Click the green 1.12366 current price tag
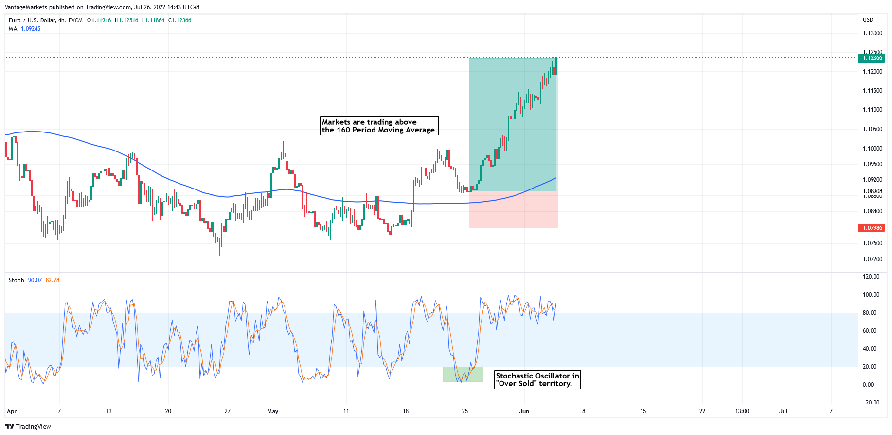(x=872, y=58)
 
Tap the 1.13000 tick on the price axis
(x=872, y=33)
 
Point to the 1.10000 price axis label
(x=872, y=149)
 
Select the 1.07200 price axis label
(x=872, y=259)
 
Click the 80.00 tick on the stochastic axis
(x=870, y=313)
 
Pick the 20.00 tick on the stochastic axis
(x=870, y=367)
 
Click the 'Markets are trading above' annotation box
(x=379, y=126)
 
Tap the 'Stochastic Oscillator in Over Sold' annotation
(x=537, y=379)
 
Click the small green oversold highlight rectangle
(x=463, y=374)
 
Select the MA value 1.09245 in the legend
(x=31, y=29)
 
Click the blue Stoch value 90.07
(x=35, y=280)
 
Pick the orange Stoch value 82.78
(x=53, y=280)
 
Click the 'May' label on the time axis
(x=273, y=411)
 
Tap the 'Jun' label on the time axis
(x=524, y=411)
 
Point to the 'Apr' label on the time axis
(x=12, y=411)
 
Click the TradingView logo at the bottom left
(x=28, y=426)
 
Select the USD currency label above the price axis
(x=868, y=20)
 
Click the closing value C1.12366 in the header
(x=179, y=20)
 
